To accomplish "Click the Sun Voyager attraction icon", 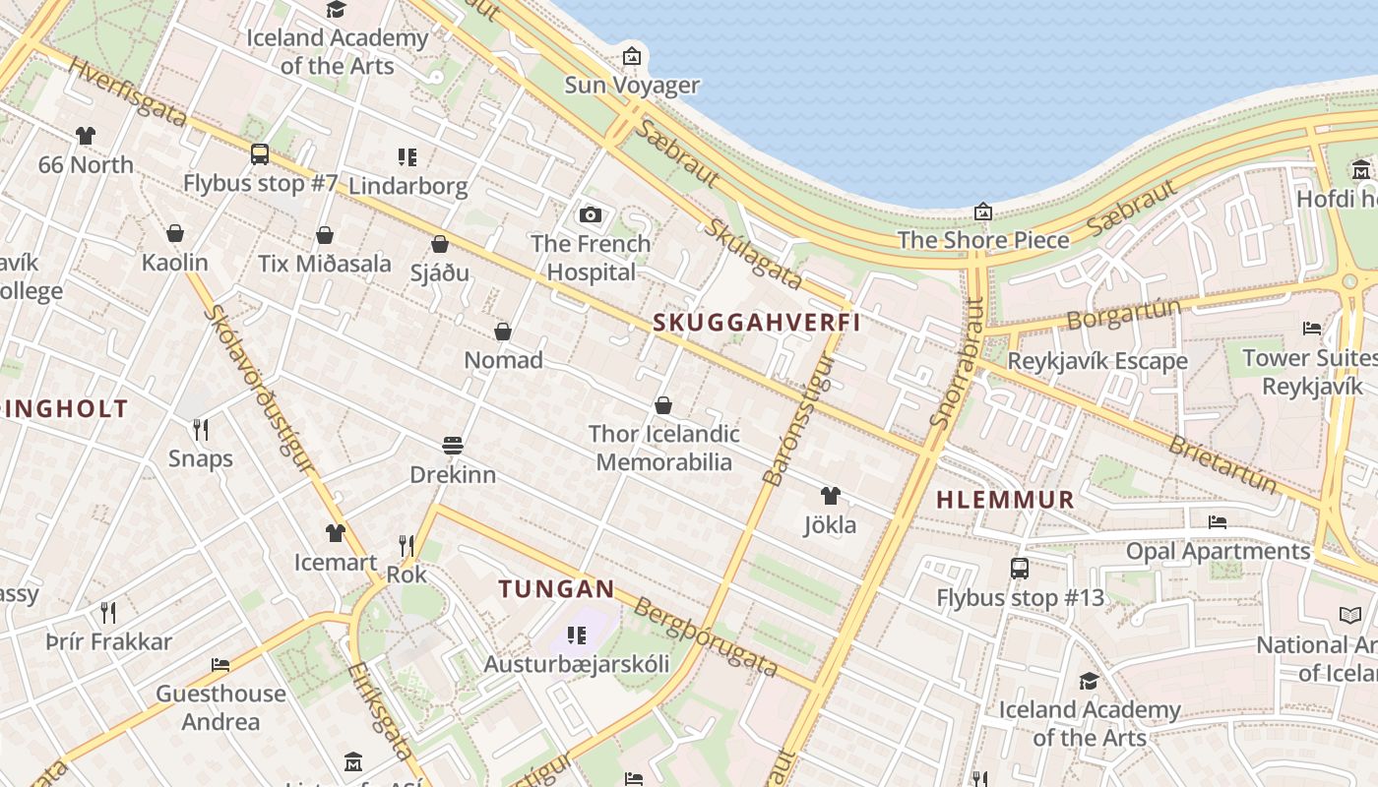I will pyautogui.click(x=632, y=56).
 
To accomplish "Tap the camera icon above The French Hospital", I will pyautogui.click(x=591, y=214).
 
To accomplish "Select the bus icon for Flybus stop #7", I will pyautogui.click(x=260, y=154).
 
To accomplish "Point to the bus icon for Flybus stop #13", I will pyautogui.click(x=1020, y=569).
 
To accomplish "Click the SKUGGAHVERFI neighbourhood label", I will pyautogui.click(x=756, y=323).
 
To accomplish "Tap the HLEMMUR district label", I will pyautogui.click(x=1005, y=500).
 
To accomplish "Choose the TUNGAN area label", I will pyautogui.click(x=556, y=589).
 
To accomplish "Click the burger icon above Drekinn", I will pyautogui.click(x=453, y=446).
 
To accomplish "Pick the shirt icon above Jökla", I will pyautogui.click(x=831, y=496).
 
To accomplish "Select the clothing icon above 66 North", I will pyautogui.click(x=86, y=136).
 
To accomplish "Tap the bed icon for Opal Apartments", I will pyautogui.click(x=1218, y=522).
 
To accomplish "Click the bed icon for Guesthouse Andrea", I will pyautogui.click(x=220, y=665).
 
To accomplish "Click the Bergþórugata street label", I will pyautogui.click(x=705, y=637).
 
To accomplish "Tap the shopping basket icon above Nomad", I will pyautogui.click(x=503, y=332).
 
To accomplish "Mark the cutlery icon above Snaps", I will pyautogui.click(x=201, y=430).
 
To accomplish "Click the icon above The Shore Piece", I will pyautogui.click(x=982, y=212).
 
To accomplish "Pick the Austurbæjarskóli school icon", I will pyautogui.click(x=577, y=636).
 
